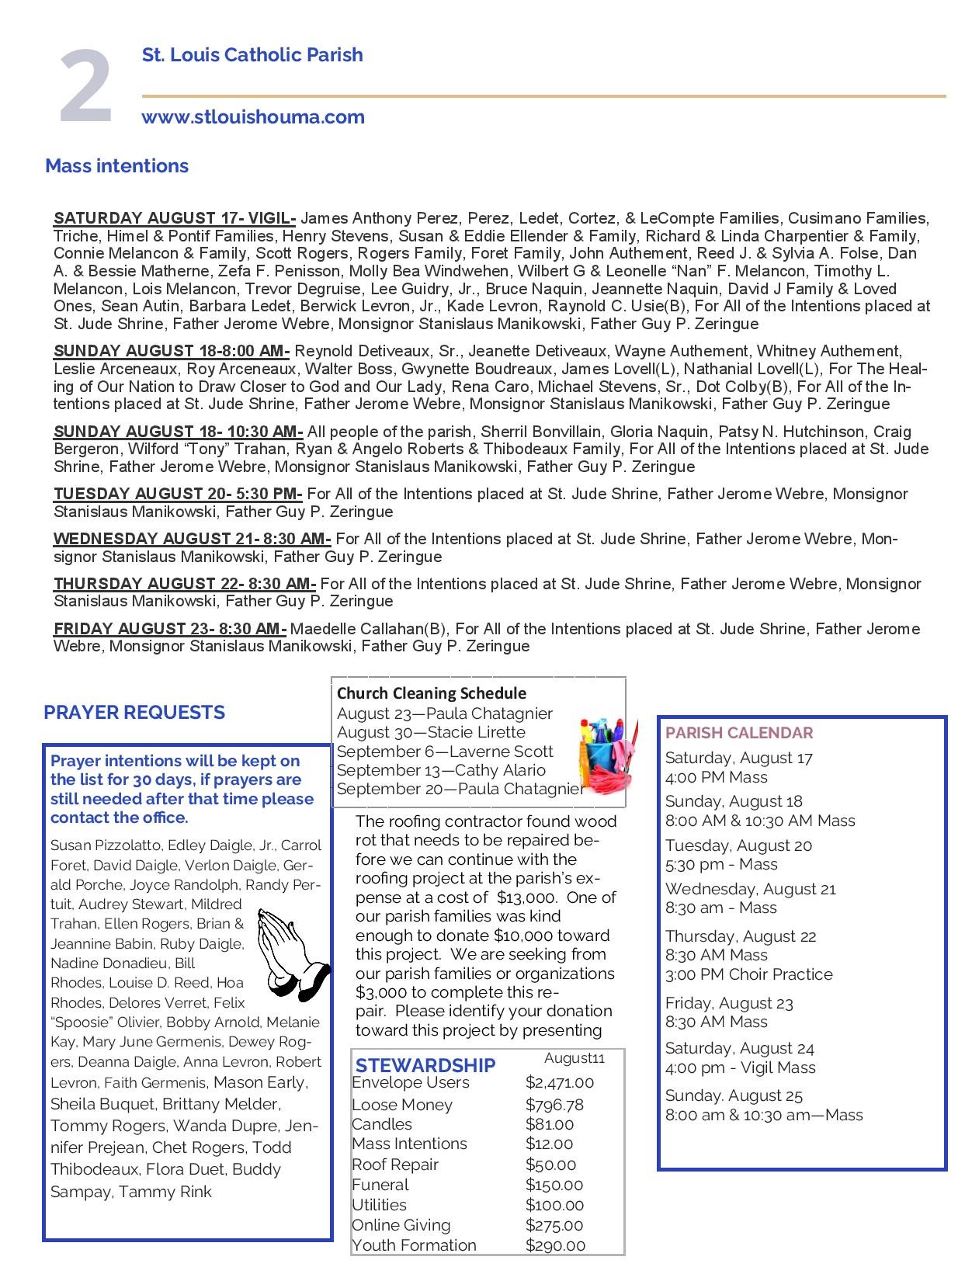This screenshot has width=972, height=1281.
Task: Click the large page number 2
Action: (x=86, y=87)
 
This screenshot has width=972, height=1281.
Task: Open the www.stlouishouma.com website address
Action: (x=253, y=117)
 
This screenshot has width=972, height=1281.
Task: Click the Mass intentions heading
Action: (x=116, y=166)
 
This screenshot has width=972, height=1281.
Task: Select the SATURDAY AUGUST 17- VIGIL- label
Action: (x=174, y=218)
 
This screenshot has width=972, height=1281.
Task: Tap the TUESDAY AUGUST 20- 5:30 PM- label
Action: (x=178, y=494)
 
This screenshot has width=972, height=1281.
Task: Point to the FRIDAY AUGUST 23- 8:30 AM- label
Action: (x=170, y=629)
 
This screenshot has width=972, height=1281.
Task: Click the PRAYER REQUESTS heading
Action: (x=134, y=713)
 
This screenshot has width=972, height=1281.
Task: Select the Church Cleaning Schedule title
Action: (x=432, y=693)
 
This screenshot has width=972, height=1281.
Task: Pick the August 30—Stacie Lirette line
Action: (x=431, y=732)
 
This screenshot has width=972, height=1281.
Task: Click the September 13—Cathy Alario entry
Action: (x=441, y=770)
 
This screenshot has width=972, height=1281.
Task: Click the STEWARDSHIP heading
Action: (x=425, y=1065)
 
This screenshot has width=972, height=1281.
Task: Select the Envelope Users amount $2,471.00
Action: (x=559, y=1082)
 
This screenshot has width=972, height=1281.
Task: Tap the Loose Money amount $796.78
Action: (x=554, y=1105)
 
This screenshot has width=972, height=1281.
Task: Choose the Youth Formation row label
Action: (x=414, y=1245)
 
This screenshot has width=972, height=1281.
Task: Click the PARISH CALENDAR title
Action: (x=739, y=733)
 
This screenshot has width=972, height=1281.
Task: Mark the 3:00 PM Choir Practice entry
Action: (x=748, y=974)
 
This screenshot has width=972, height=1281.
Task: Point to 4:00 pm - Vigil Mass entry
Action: (x=740, y=1067)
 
